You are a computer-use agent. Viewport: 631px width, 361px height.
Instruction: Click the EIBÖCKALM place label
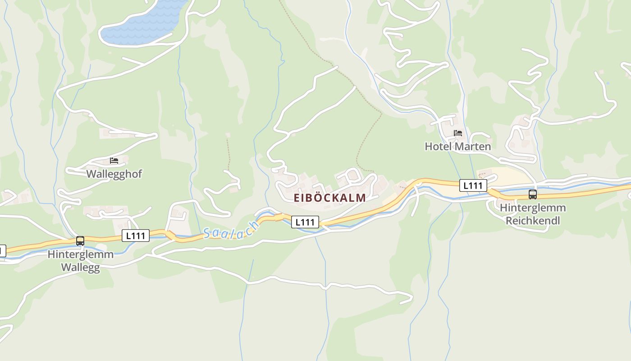pyautogui.click(x=329, y=198)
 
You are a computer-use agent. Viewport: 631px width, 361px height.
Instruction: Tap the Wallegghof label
pyautogui.click(x=114, y=174)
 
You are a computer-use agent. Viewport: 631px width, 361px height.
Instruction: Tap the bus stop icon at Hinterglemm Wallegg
pyautogui.click(x=80, y=241)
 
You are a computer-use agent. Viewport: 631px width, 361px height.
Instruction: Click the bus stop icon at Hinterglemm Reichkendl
pyautogui.click(x=532, y=194)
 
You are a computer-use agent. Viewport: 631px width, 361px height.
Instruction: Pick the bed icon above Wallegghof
pyautogui.click(x=114, y=161)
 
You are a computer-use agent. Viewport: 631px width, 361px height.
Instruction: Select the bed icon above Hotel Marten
pyautogui.click(x=458, y=133)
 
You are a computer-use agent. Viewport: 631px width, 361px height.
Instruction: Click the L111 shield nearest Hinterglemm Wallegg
pyautogui.click(x=136, y=236)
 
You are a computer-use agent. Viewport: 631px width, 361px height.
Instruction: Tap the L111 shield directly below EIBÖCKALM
pyautogui.click(x=305, y=222)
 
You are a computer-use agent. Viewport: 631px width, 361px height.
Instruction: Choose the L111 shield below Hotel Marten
pyautogui.click(x=473, y=185)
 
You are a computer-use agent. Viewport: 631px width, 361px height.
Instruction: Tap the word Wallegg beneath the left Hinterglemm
pyautogui.click(x=80, y=267)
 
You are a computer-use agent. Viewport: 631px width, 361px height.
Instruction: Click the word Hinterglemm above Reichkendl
pyautogui.click(x=532, y=208)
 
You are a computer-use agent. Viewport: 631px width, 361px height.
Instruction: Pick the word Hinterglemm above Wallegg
pyautogui.click(x=80, y=255)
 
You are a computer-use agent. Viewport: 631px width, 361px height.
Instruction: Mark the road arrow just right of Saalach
pyautogui.click(x=279, y=217)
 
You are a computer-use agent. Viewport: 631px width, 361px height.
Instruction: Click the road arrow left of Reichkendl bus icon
pyautogui.click(x=494, y=194)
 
